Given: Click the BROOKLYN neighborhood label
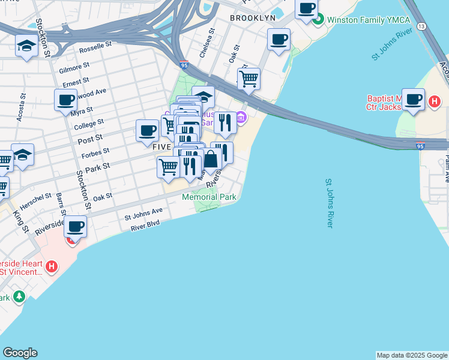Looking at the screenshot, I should point(253,18).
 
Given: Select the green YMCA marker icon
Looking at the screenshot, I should point(318,20).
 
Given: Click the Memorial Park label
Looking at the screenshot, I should point(209,197).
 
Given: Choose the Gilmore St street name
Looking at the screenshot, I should point(74,67).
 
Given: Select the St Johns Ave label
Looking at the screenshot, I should point(143,212).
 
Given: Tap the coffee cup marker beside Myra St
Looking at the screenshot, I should point(66,100).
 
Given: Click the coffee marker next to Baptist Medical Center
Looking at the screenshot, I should point(413,98).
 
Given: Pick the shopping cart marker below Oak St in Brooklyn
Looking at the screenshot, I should point(249,78).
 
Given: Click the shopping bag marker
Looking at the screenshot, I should point(211,160).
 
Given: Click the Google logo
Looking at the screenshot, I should point(20,353).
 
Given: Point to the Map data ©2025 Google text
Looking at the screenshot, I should point(412,355).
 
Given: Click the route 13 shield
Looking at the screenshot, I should point(421,26).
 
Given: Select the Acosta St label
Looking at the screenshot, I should point(22,107).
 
